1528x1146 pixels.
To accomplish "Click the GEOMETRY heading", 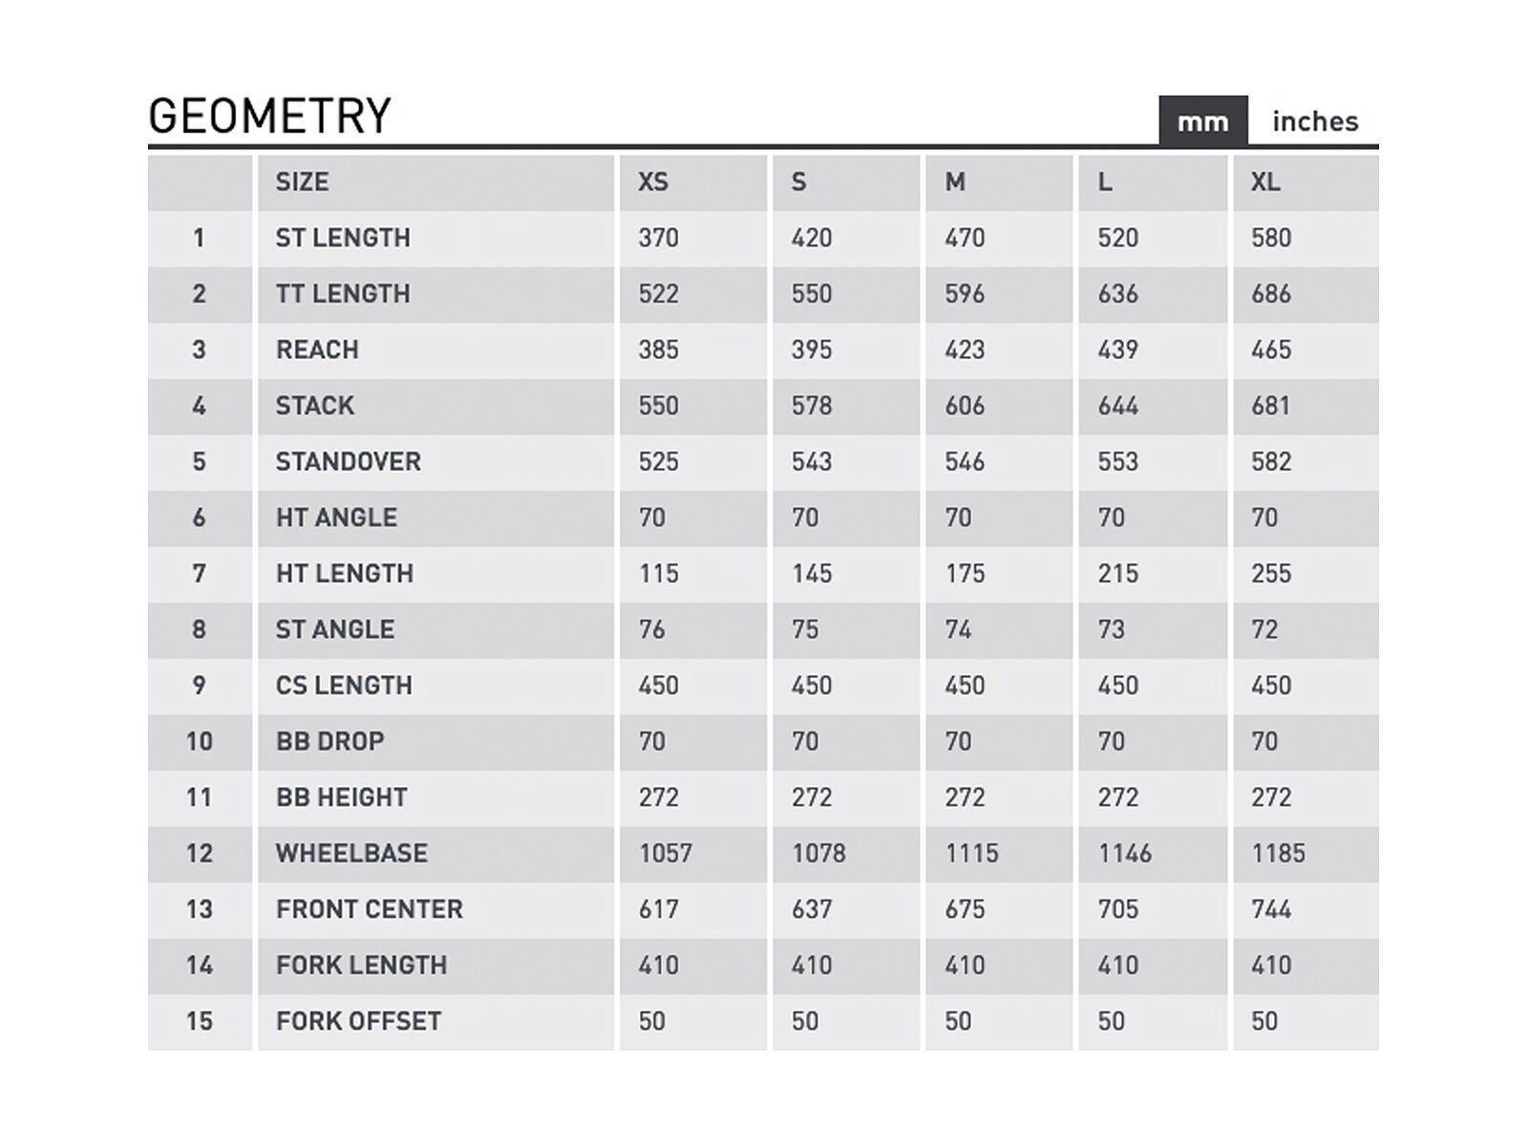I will tap(270, 117).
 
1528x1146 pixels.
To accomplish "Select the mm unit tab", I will tap(1202, 121).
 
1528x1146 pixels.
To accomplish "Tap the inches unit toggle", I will tap(1315, 121).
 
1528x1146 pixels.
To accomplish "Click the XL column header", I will tap(1265, 181).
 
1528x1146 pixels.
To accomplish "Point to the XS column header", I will tap(653, 181).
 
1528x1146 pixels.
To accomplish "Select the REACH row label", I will tap(317, 350).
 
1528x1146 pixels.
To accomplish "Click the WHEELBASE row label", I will tap(351, 853).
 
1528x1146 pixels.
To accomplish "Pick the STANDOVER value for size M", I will tap(965, 461).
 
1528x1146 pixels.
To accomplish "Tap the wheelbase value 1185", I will tap(1278, 853).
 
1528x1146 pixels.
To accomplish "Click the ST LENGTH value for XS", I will tap(659, 237).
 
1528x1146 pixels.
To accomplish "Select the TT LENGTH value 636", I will tap(1118, 293).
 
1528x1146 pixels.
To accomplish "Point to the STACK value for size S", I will tap(812, 406).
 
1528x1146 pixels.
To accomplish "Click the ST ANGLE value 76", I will tap(652, 629).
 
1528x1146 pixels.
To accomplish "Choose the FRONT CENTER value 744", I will tap(1271, 909).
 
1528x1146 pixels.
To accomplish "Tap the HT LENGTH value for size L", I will tap(1118, 573).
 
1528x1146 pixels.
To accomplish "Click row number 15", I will tap(199, 1021).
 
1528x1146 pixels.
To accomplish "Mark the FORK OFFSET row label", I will tap(358, 1021).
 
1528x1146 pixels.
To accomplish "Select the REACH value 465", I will tap(1271, 350).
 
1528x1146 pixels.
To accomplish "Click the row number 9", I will tap(199, 686).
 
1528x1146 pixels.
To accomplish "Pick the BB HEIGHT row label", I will tap(342, 797).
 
